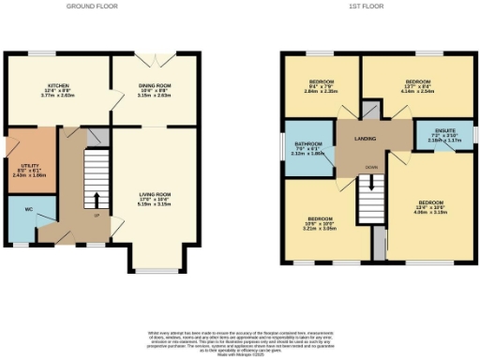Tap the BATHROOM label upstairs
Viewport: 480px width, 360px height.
(x=307, y=148)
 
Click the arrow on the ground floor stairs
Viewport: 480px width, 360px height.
(x=95, y=200)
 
